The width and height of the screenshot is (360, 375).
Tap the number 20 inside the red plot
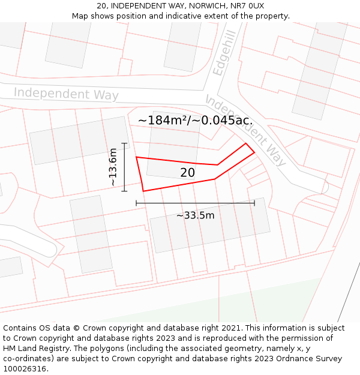click(x=187, y=173)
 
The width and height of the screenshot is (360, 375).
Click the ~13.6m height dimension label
click(x=113, y=167)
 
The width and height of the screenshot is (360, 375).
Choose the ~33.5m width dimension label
click(x=195, y=215)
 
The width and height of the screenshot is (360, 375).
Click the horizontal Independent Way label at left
click(x=66, y=94)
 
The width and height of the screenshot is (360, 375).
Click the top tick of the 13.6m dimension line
click(x=124, y=143)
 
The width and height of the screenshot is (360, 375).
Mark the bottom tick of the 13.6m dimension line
click(x=124, y=191)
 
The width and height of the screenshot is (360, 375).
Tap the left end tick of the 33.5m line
click(x=137, y=203)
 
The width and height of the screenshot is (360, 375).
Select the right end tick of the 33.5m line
click(x=254, y=203)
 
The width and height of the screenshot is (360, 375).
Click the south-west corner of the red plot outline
click(x=143, y=191)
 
